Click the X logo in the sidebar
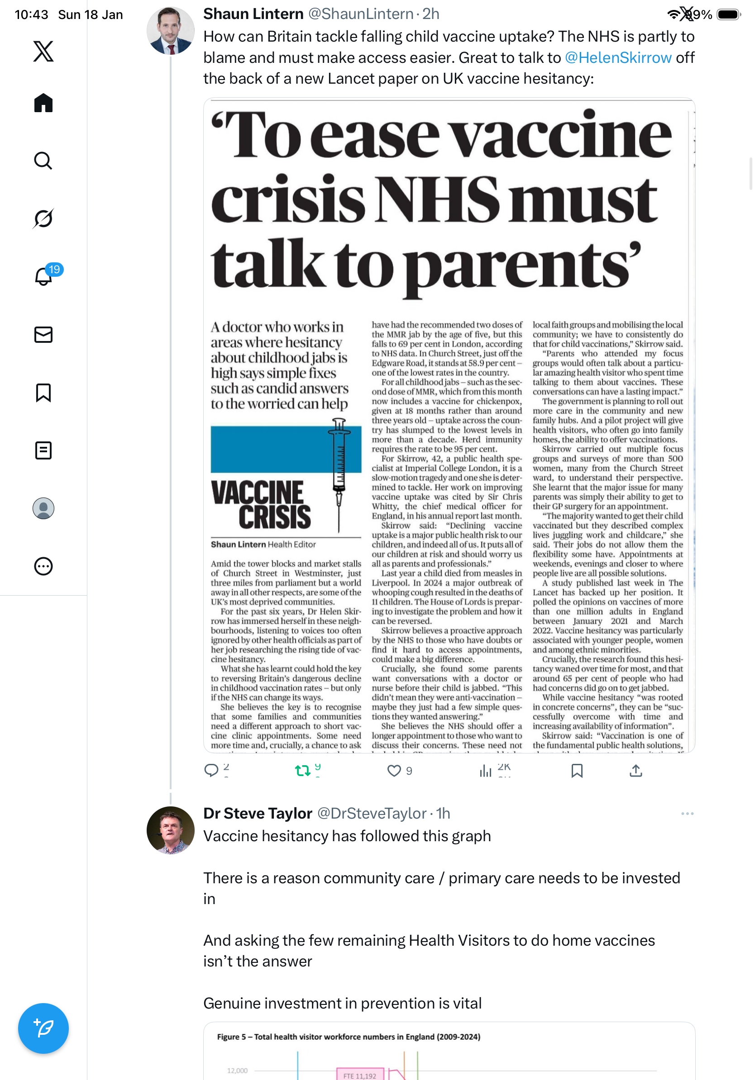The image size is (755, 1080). tap(43, 51)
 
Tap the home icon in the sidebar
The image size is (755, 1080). tap(43, 103)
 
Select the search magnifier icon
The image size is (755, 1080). tap(43, 161)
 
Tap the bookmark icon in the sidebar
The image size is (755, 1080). tap(43, 393)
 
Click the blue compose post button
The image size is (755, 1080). tap(43, 1028)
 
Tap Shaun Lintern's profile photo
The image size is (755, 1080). tap(170, 31)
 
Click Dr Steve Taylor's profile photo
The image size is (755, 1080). tap(170, 830)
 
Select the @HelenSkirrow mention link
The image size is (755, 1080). tap(617, 57)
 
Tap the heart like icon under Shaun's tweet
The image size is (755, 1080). tap(393, 771)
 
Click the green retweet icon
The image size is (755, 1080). tap(302, 771)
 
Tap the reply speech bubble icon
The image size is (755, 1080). tap(211, 771)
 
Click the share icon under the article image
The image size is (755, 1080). tap(636, 771)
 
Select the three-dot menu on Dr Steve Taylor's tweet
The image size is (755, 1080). tap(687, 814)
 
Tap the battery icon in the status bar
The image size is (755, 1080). tap(728, 14)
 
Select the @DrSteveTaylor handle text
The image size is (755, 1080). tap(372, 813)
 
